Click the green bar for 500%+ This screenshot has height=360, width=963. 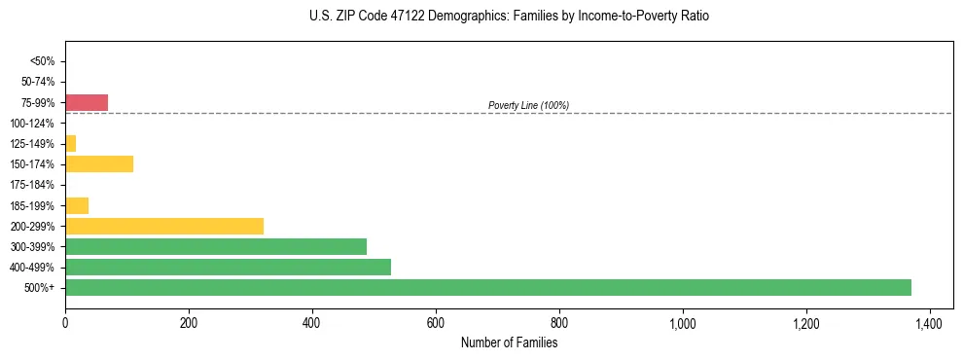487,287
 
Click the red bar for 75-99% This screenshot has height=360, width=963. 86,102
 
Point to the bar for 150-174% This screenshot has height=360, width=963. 98,163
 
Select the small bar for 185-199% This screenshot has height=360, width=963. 76,205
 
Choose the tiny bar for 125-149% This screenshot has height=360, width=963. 70,143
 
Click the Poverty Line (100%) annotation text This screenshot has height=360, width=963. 528,105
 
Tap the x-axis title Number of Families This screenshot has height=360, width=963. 510,342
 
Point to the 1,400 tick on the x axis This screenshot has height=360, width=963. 929,322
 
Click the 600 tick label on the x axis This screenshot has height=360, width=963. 435,322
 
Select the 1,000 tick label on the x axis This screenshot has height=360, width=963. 682,322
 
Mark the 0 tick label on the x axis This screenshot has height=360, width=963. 65,322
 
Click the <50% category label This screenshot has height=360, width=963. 43,61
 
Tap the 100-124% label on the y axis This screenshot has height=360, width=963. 32,124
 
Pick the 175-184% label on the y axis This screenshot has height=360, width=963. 32,185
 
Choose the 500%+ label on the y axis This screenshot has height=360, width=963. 40,288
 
